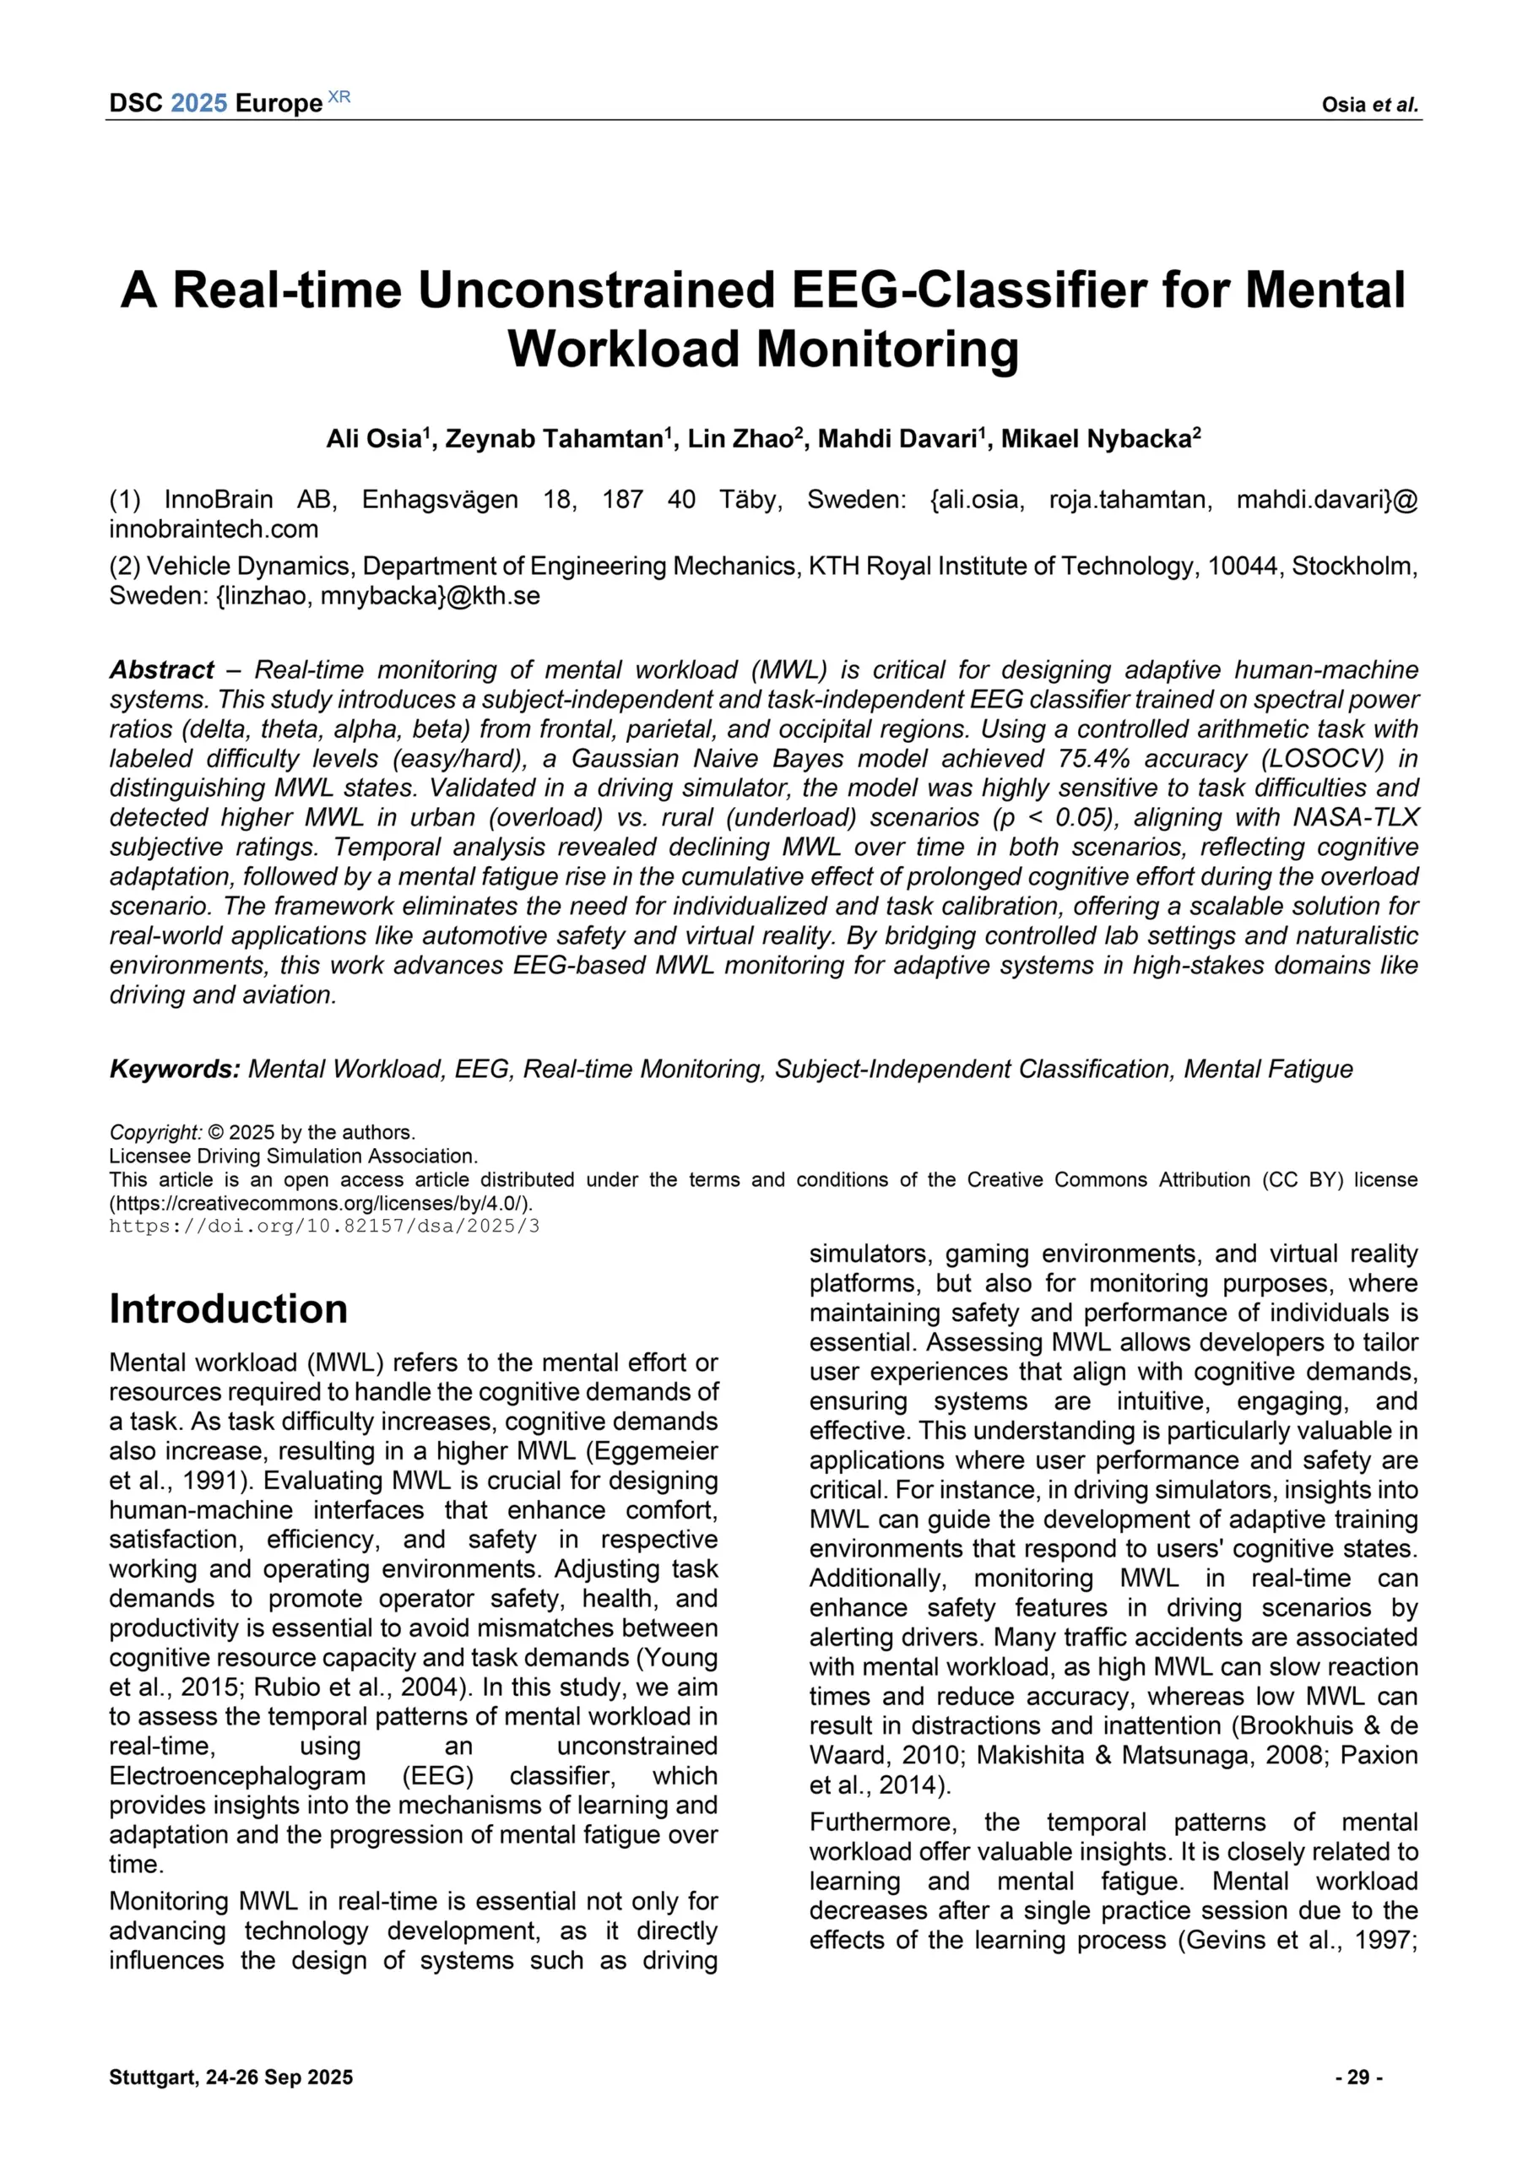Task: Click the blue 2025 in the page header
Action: tap(198, 104)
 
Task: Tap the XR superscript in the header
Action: tap(339, 97)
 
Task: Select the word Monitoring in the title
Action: tap(888, 349)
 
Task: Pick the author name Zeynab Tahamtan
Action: tap(554, 440)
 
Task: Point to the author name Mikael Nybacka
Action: tap(1096, 440)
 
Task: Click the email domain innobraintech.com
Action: tap(214, 529)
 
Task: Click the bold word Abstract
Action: tap(162, 670)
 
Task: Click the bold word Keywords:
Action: tap(175, 1070)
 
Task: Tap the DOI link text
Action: tap(324, 1227)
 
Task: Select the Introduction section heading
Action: tap(228, 1309)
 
